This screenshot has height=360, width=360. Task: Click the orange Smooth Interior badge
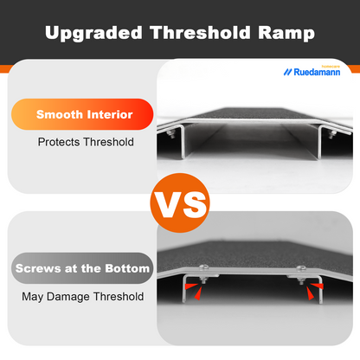click(x=84, y=113)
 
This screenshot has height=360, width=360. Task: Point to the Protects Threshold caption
click(x=86, y=142)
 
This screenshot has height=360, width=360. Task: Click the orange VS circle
click(x=179, y=204)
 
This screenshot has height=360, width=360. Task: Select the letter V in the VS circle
click(x=166, y=205)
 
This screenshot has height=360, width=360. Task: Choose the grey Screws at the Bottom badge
click(x=83, y=268)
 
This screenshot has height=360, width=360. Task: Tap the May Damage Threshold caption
click(x=83, y=297)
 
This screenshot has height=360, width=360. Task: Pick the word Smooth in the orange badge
click(x=58, y=113)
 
